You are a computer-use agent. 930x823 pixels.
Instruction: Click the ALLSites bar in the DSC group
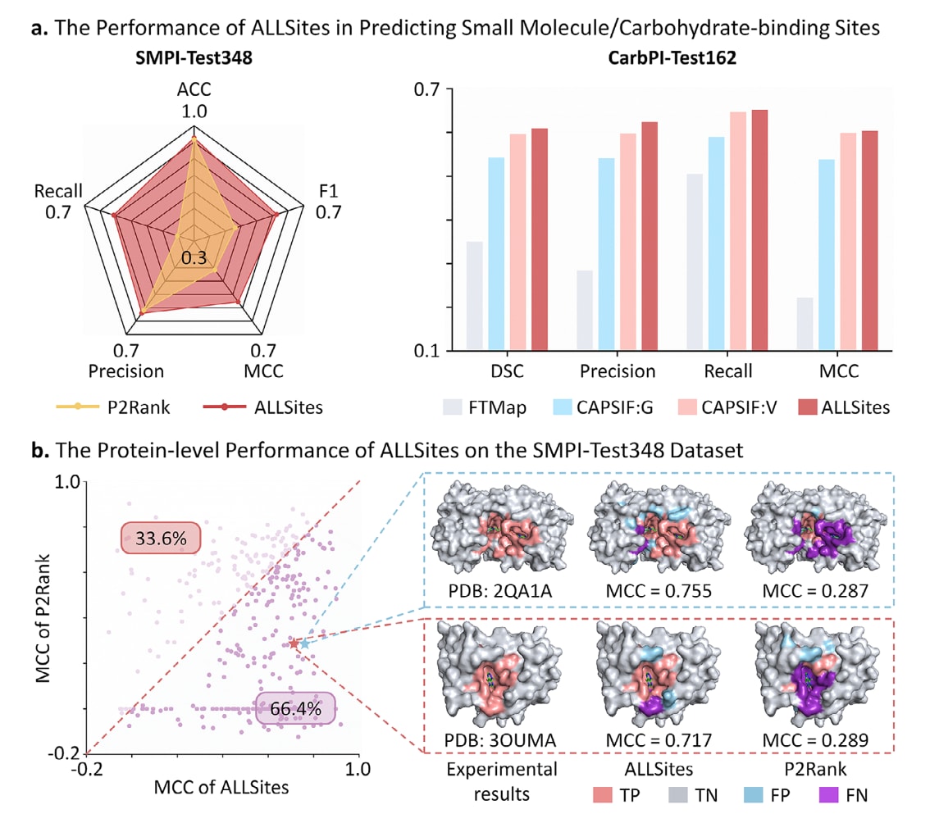click(539, 239)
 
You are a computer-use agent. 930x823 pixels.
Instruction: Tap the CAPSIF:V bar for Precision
click(628, 242)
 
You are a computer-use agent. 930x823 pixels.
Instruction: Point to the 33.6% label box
click(161, 539)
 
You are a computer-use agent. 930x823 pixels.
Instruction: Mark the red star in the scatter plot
click(294, 644)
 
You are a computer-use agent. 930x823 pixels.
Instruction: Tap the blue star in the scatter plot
click(305, 644)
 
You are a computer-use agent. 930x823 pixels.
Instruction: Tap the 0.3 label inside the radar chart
click(194, 257)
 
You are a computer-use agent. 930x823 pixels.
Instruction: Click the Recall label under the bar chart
click(727, 371)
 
